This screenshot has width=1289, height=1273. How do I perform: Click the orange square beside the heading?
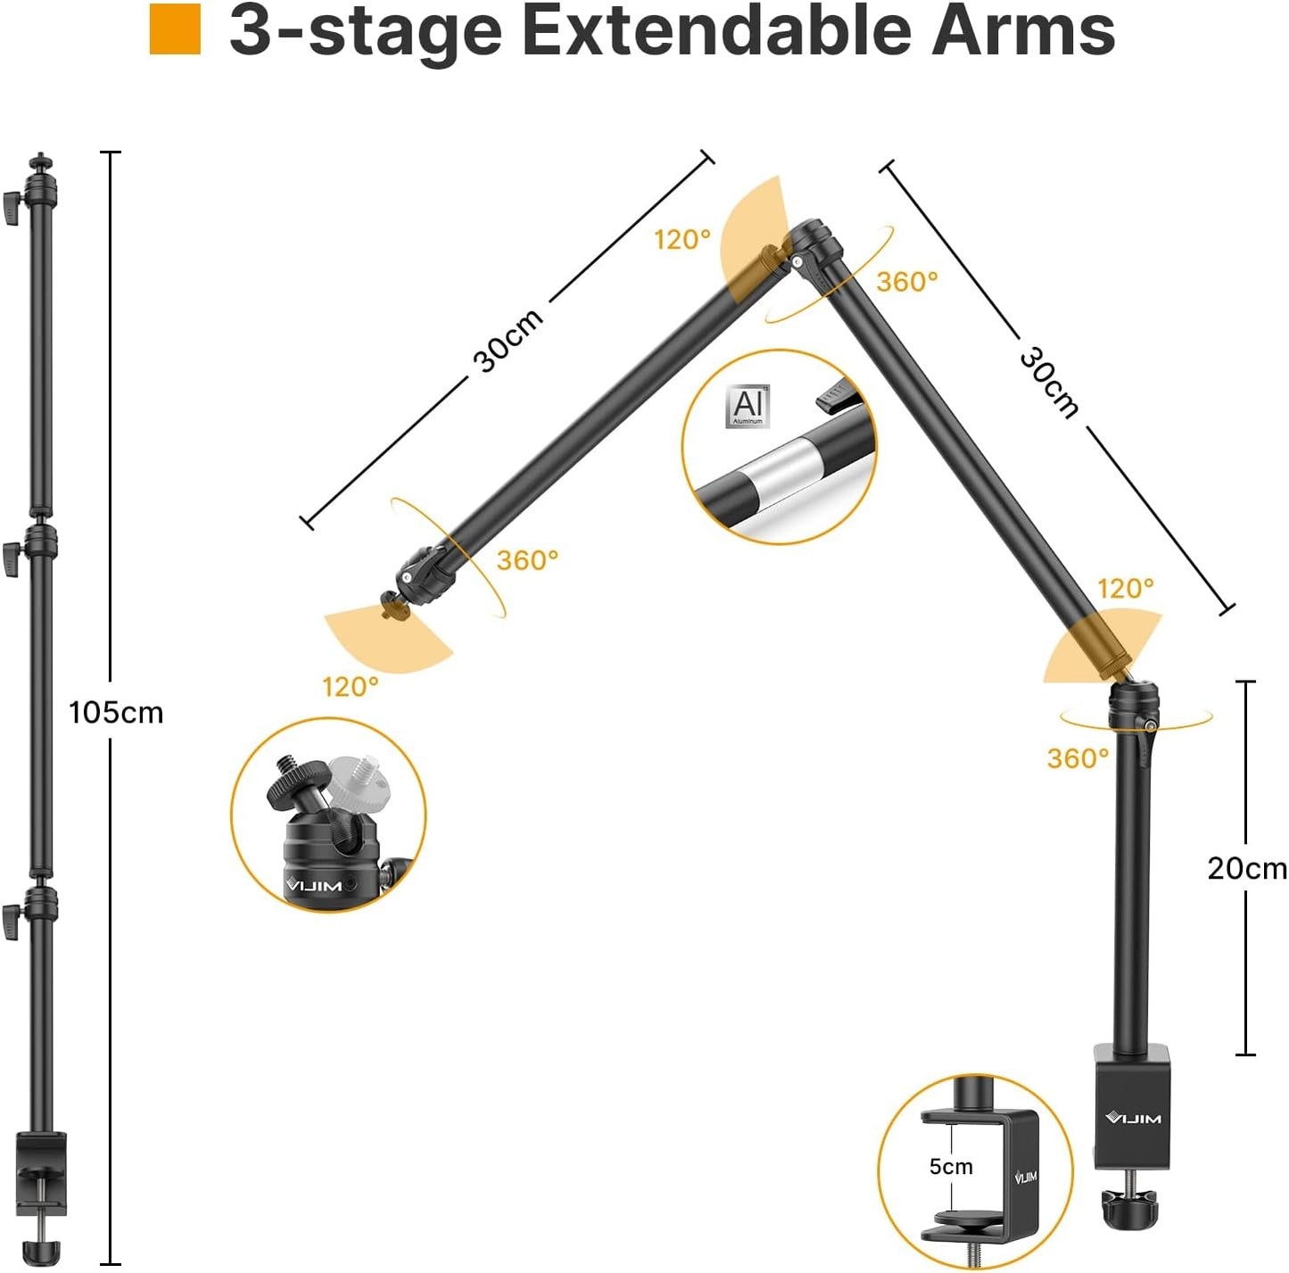175,29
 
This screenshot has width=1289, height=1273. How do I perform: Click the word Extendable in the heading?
716,30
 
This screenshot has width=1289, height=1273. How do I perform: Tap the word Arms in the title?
1022,30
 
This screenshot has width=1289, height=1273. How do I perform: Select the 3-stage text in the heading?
366,30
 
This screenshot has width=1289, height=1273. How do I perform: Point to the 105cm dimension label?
116,713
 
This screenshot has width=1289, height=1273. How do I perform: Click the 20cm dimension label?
1246,868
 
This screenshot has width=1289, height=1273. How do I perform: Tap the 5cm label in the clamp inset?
951,1166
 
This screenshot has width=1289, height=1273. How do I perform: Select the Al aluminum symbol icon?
748,406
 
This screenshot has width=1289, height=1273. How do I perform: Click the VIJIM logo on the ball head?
314,886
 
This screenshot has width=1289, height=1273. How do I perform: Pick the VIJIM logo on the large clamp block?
1133,1118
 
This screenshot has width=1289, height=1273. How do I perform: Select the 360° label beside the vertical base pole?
1078,758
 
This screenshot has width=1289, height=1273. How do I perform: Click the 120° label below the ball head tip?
351,686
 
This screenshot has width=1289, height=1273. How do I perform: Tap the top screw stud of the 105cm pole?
38,161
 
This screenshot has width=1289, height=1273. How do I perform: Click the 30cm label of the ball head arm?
508,340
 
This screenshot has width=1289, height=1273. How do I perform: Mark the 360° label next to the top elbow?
907,282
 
